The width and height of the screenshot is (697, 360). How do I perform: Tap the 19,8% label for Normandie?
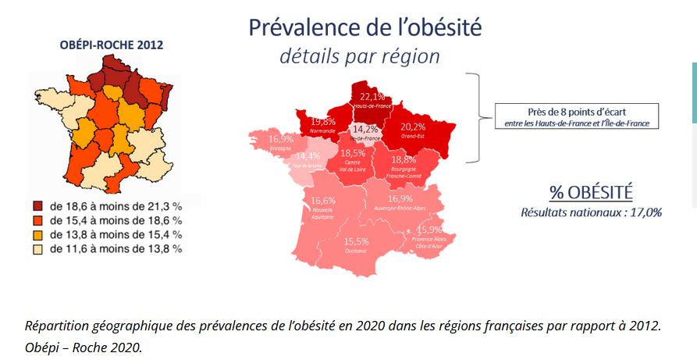pos(322,121)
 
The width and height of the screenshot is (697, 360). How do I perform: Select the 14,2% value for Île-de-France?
pos(365,129)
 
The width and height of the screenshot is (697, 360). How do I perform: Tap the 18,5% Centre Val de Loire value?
pos(353,153)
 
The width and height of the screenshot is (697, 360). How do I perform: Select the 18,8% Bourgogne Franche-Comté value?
pos(403,159)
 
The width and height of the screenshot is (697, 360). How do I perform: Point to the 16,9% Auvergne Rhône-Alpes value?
pos(401,199)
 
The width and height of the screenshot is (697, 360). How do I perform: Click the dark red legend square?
pos(38,207)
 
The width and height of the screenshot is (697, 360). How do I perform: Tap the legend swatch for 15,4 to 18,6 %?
pos(38,221)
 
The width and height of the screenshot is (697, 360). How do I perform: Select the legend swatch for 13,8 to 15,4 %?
pos(38,234)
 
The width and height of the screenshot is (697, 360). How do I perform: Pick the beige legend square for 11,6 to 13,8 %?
pos(38,248)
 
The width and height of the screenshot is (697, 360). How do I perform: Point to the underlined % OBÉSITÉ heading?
pos(590,192)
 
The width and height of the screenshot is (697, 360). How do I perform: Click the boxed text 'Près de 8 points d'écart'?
pos(575,111)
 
